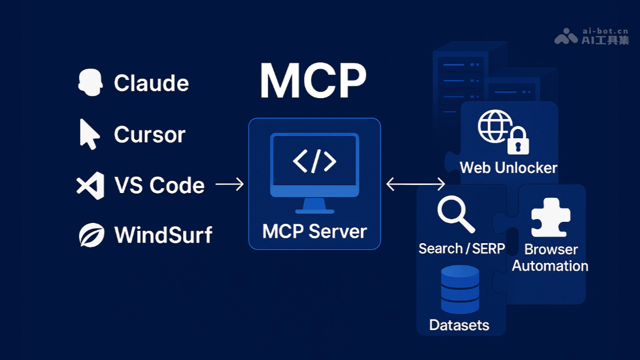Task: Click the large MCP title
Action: [x=313, y=81]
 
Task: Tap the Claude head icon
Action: [x=90, y=83]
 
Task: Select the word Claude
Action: [x=151, y=83]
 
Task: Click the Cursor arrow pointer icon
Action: [x=89, y=134]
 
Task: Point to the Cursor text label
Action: [x=149, y=134]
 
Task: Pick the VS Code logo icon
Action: [x=90, y=185]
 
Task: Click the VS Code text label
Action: [x=159, y=185]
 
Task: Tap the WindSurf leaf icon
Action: [x=91, y=235]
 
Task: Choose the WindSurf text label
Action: [x=163, y=235]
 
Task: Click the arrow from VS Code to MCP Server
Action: [x=229, y=185]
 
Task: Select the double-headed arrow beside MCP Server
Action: [x=415, y=185]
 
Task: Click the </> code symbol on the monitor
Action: [x=315, y=162]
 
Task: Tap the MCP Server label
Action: [x=315, y=231]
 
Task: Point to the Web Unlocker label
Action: [x=508, y=168]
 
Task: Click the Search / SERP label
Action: [x=461, y=249]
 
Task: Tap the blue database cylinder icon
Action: [x=460, y=290]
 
